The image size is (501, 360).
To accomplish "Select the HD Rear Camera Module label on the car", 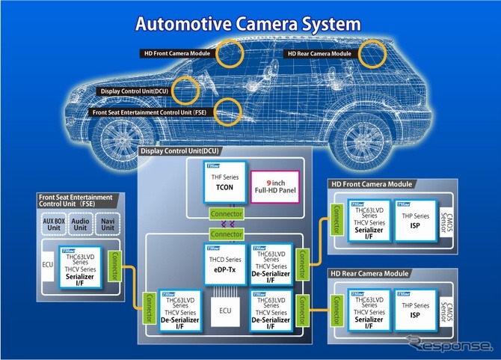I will coord(319,54).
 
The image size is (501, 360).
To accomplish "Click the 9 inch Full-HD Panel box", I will coord(275,184).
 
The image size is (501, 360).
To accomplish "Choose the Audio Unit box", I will coord(79,225).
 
